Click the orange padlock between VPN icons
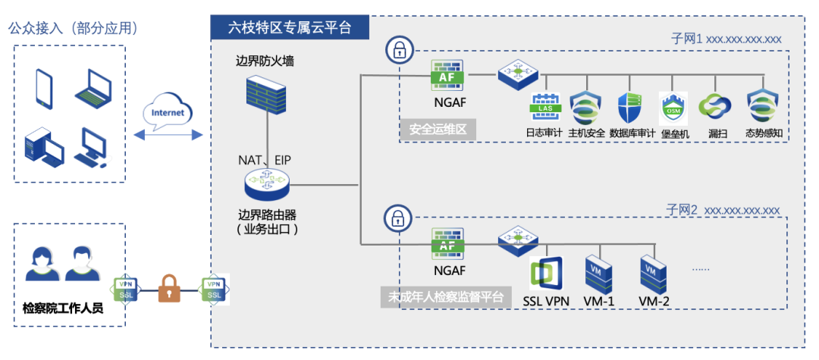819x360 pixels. pyautogui.click(x=170, y=290)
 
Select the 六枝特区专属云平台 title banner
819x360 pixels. pyautogui.click(x=290, y=27)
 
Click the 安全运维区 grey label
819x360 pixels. pyautogui.click(x=438, y=130)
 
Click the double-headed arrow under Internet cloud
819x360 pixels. pyautogui.click(x=168, y=135)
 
